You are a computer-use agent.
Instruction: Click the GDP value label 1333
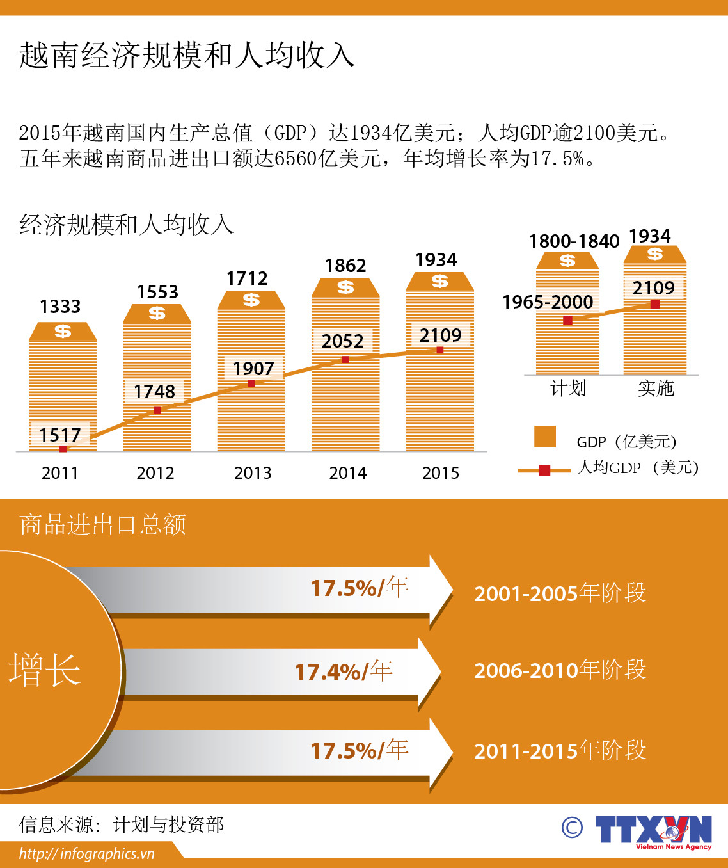60,307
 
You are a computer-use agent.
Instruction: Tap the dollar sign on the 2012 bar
157,313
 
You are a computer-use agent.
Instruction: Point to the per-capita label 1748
154,391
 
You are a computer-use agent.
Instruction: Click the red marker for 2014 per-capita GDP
345,360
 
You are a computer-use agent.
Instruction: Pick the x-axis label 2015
440,473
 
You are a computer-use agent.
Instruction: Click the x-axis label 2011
60,473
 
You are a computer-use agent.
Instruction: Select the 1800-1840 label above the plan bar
574,241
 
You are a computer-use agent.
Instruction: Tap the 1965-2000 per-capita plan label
548,302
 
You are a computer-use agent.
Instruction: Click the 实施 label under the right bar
656,388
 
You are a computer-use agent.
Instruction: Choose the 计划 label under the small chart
568,388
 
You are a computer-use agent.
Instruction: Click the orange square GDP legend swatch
545,437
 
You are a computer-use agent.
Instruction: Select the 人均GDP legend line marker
544,470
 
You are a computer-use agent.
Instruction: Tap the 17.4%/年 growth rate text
344,671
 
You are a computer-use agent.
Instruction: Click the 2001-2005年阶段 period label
560,593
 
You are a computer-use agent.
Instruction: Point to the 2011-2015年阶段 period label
560,750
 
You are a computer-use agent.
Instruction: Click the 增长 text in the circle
45,670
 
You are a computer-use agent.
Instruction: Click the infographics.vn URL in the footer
87,854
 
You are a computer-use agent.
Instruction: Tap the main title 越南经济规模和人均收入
187,55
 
